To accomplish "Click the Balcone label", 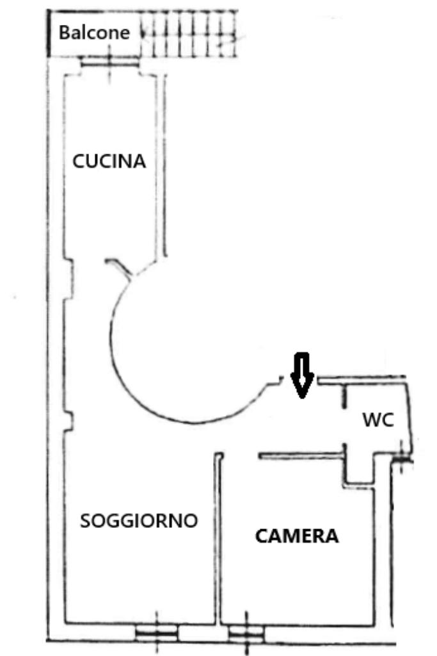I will pos(94,32).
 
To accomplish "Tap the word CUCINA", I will pos(109,161).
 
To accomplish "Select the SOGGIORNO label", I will pos(138,521).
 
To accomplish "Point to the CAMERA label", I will pos(297,536).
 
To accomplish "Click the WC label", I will pos(377,420).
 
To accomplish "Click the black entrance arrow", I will pos(301,375).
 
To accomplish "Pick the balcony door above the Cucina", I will pos(109,61).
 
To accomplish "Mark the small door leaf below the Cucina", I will pos(120,267).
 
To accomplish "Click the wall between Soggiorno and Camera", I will pos(218,538).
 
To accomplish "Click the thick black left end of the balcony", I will pos(50,33).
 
